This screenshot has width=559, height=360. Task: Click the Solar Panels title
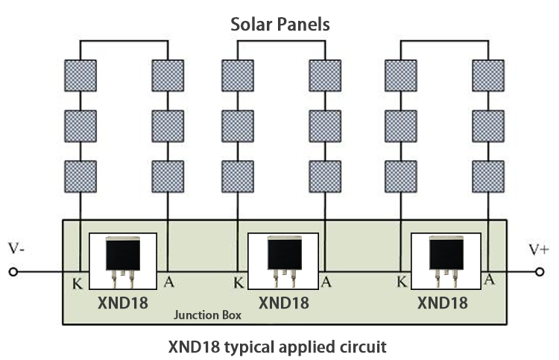pyautogui.click(x=279, y=25)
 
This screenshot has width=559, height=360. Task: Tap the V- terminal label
pyautogui.click(x=16, y=247)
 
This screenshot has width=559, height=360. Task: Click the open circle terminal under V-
pyautogui.click(x=13, y=273)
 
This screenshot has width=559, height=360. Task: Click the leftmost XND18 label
pyautogui.click(x=123, y=303)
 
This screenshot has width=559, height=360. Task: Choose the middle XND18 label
pyautogui.click(x=283, y=303)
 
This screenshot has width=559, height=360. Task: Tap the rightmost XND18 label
pyautogui.click(x=443, y=303)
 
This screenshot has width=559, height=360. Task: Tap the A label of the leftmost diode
pyautogui.click(x=168, y=282)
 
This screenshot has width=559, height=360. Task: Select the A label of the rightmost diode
pyautogui.click(x=489, y=280)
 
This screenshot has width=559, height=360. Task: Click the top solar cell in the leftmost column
pyautogui.click(x=80, y=75)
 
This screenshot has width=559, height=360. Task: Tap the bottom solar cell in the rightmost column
pyautogui.click(x=488, y=176)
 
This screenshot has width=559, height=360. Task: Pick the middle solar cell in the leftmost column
pyautogui.click(x=80, y=126)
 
